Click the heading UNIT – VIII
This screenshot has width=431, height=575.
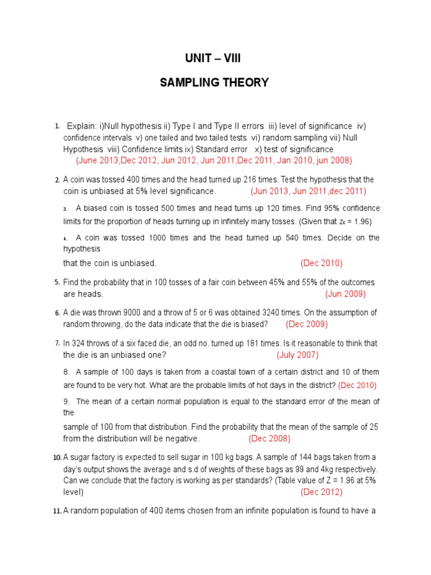pyautogui.click(x=215, y=58)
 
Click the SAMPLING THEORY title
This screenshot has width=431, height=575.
pyautogui.click(x=214, y=83)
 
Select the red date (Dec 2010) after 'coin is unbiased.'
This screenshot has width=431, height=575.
pyautogui.click(x=322, y=263)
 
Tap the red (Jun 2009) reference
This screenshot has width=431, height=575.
pyautogui.click(x=345, y=294)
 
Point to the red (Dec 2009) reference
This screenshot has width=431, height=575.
pyautogui.click(x=307, y=324)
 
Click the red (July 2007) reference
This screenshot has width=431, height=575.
pyautogui.click(x=297, y=355)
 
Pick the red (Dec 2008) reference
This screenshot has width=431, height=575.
pyautogui.click(x=269, y=439)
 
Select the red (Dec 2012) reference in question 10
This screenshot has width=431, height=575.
pyautogui.click(x=322, y=492)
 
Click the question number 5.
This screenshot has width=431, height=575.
pyautogui.click(x=57, y=282)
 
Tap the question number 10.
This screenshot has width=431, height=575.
pyautogui.click(x=57, y=458)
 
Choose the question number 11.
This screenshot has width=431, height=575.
pyautogui.click(x=57, y=511)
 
